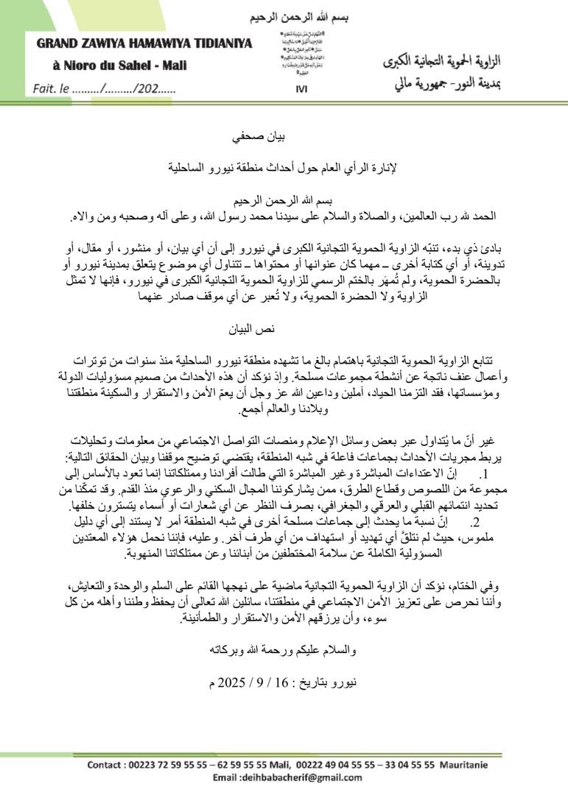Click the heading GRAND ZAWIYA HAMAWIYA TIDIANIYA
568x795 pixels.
[144, 43]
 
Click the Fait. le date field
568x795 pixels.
[104, 89]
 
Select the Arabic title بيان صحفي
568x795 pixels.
[284, 138]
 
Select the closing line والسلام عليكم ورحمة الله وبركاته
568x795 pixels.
[283, 649]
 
